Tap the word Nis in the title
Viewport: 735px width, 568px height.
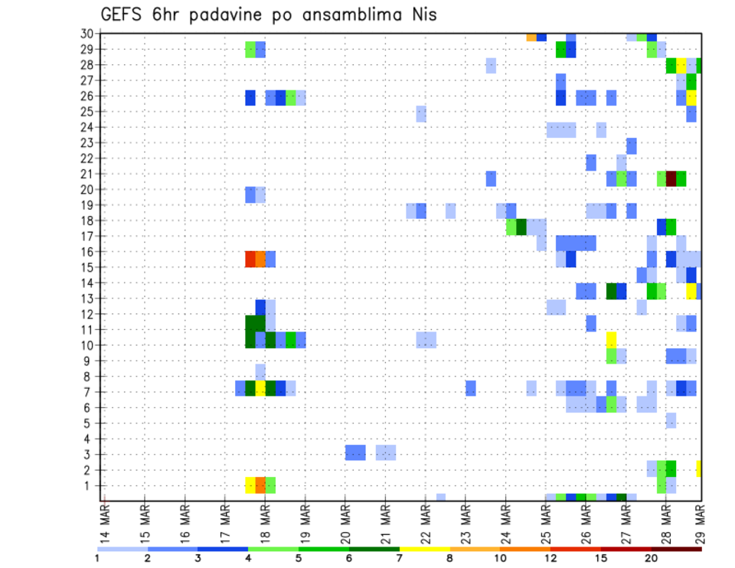422,15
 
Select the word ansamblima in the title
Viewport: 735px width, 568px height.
351,15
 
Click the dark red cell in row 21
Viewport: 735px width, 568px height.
671,178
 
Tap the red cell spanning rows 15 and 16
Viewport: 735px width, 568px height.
250,259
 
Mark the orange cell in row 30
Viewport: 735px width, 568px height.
531,37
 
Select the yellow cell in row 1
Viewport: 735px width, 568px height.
250,485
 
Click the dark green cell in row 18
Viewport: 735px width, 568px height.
521,227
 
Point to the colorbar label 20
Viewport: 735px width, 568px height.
652,557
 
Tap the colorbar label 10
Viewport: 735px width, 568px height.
500,557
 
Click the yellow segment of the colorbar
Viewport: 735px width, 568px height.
424,549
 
